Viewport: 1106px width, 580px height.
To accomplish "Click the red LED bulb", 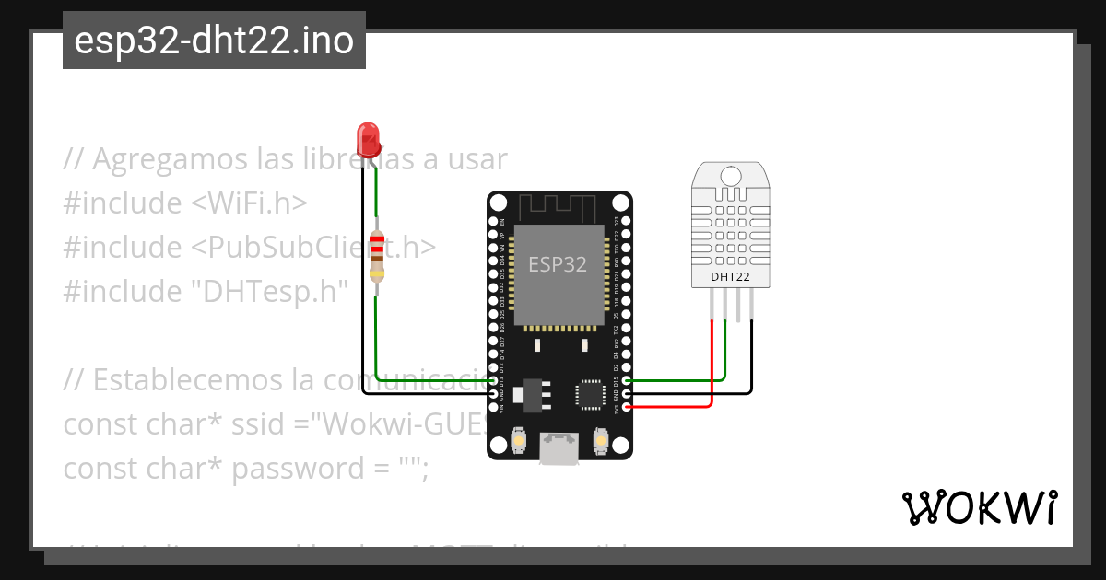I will click(x=369, y=138).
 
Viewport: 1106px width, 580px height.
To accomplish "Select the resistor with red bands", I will click(x=376, y=255).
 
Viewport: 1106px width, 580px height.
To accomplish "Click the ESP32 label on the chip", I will click(x=557, y=264).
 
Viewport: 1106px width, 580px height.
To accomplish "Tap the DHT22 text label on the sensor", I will click(x=729, y=276).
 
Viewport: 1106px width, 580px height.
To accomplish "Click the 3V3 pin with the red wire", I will click(x=627, y=406).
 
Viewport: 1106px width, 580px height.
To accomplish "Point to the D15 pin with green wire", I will click(x=627, y=380).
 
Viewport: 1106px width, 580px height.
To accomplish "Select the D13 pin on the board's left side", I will click(x=493, y=380).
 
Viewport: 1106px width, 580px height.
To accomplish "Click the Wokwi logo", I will click(x=979, y=507).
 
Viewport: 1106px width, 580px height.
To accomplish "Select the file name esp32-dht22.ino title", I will click(x=214, y=41).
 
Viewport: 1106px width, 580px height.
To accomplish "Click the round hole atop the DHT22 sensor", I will click(x=730, y=175).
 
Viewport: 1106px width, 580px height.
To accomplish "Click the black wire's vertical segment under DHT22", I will click(x=751, y=354).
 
